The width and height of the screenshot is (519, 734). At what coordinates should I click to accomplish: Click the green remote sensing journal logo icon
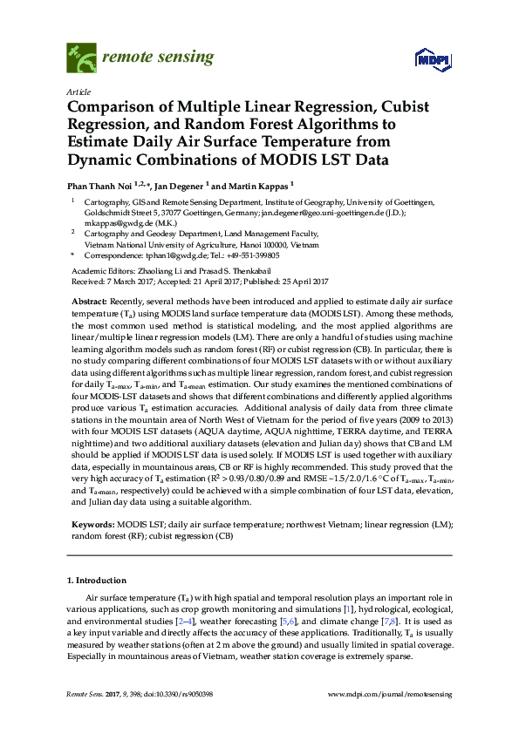82,59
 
